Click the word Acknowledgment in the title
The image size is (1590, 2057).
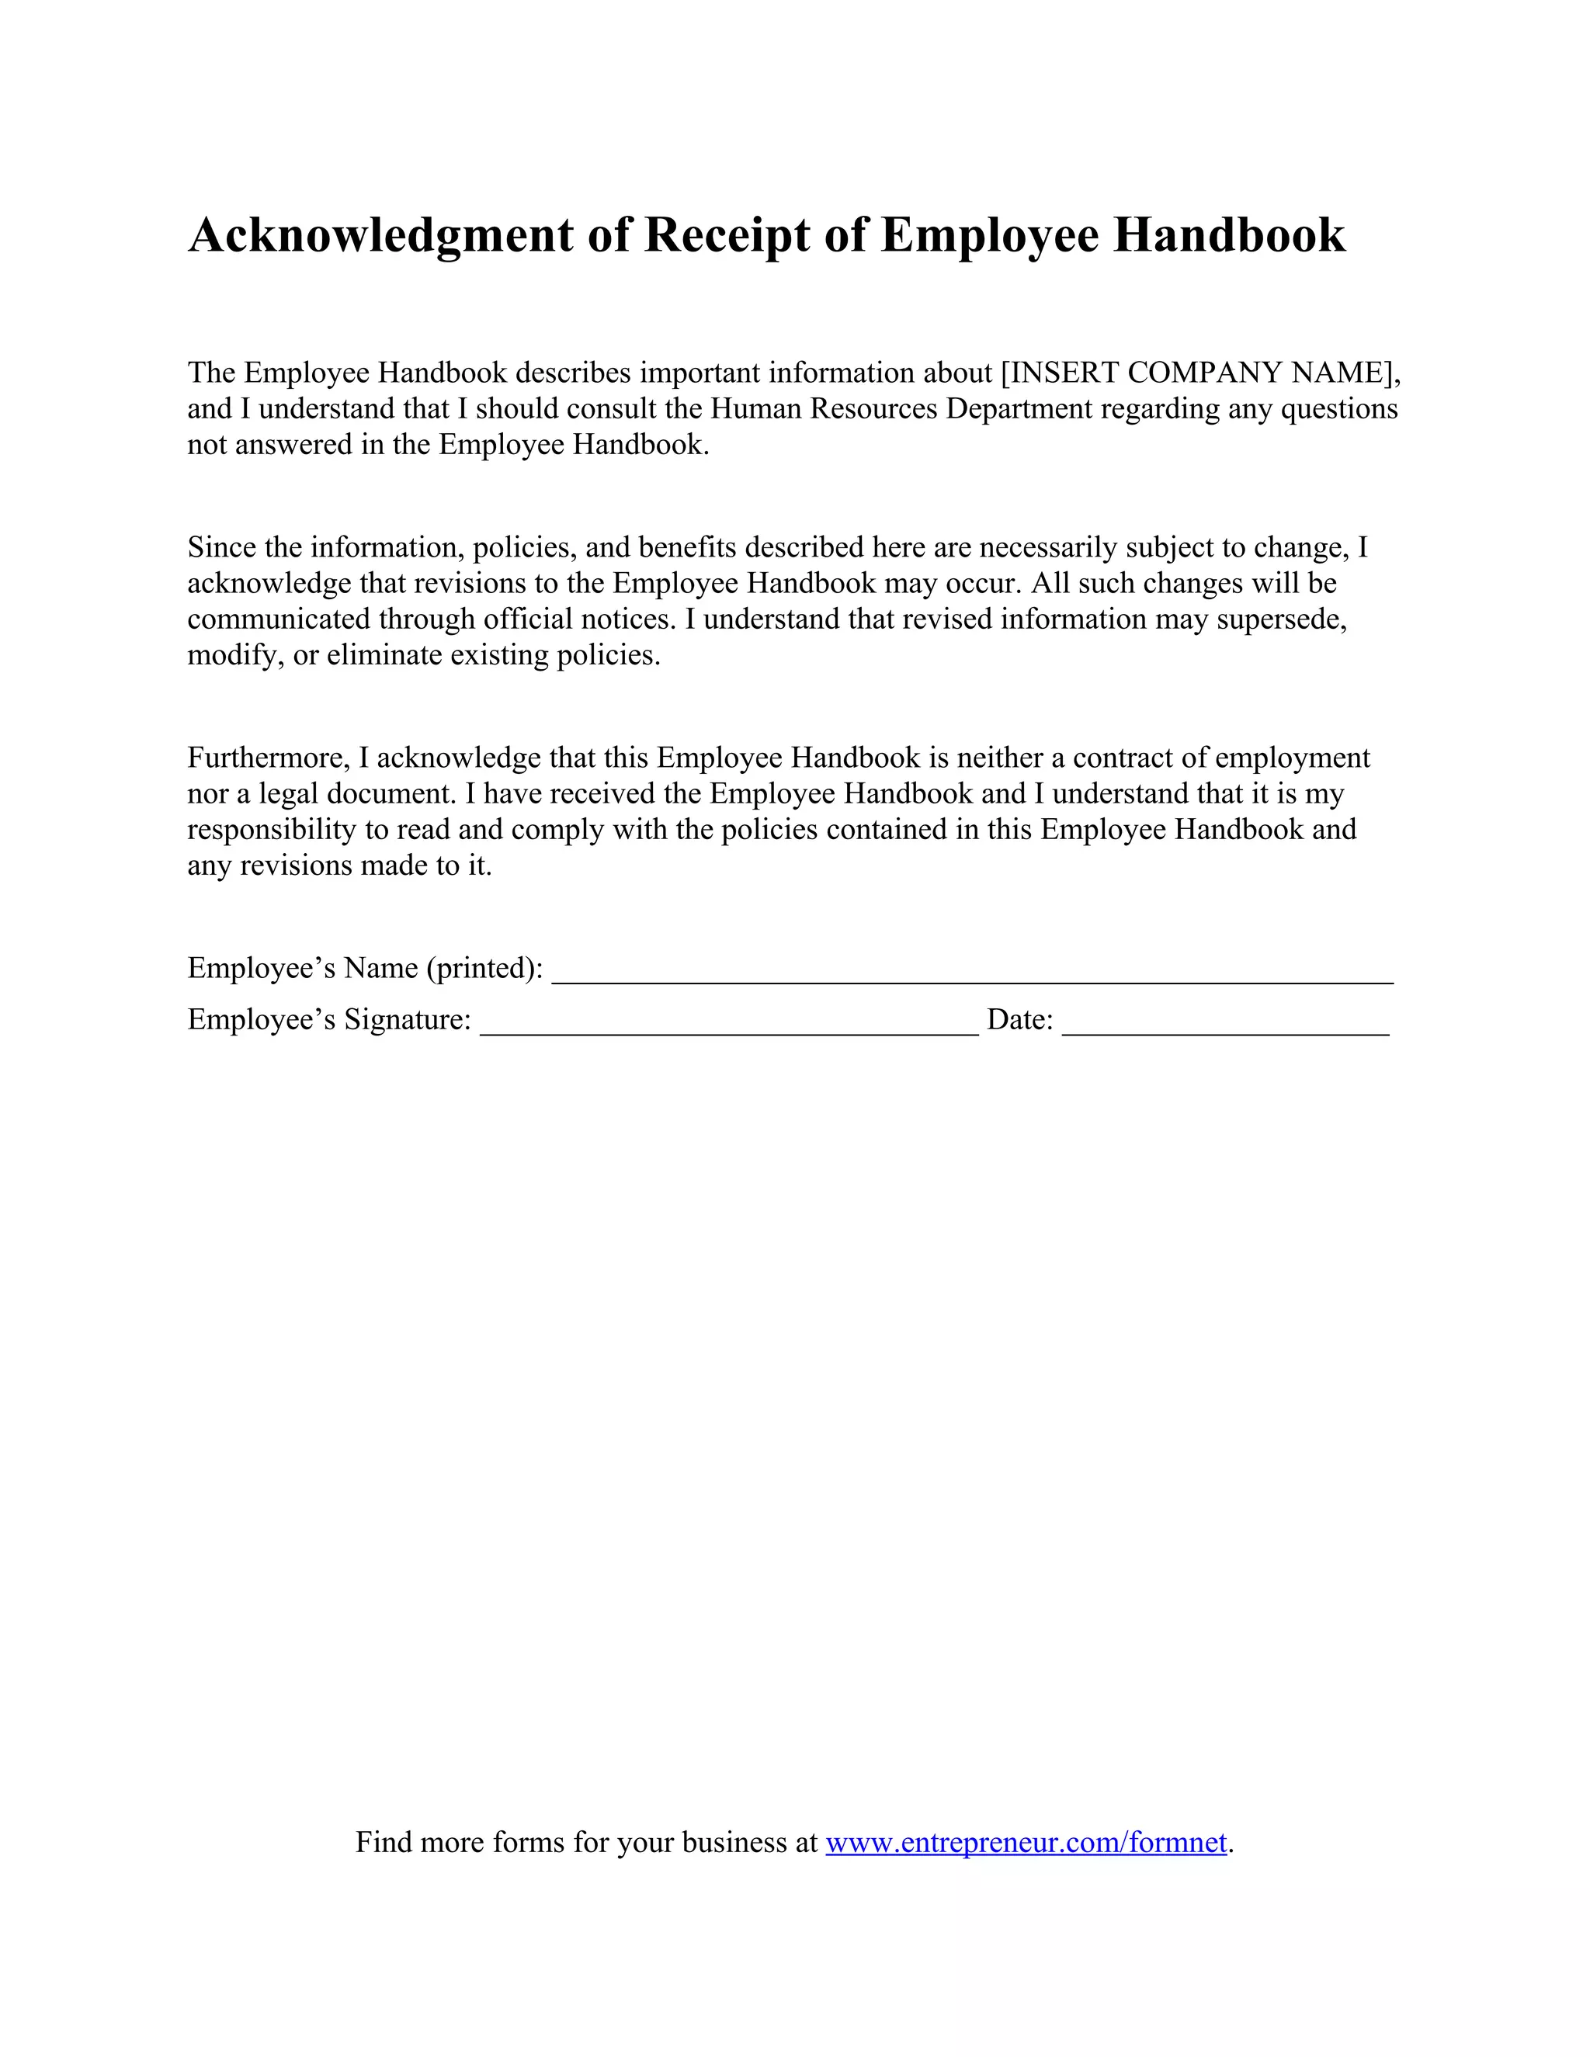(380, 234)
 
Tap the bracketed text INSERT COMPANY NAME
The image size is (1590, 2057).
(1196, 373)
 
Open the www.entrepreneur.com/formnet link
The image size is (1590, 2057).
(1026, 1841)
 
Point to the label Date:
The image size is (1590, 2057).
(1019, 1020)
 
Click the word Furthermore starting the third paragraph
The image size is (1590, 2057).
(269, 758)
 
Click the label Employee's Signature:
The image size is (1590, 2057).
(328, 1020)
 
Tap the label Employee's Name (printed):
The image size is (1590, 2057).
(365, 968)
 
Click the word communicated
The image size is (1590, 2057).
(279, 619)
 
